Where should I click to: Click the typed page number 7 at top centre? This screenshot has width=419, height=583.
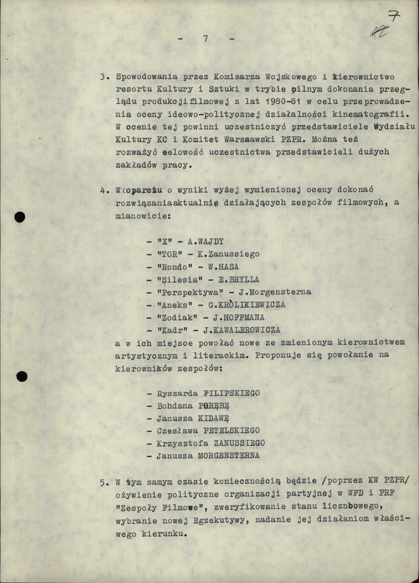(x=205, y=39)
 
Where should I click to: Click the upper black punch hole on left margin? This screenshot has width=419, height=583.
(x=20, y=217)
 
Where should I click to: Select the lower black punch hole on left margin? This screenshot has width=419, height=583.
(x=22, y=376)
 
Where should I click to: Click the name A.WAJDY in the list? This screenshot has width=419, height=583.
(x=208, y=241)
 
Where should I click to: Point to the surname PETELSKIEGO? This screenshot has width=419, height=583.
(x=231, y=430)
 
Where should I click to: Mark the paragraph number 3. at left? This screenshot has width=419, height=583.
(x=104, y=76)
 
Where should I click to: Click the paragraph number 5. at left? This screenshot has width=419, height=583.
(x=104, y=483)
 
